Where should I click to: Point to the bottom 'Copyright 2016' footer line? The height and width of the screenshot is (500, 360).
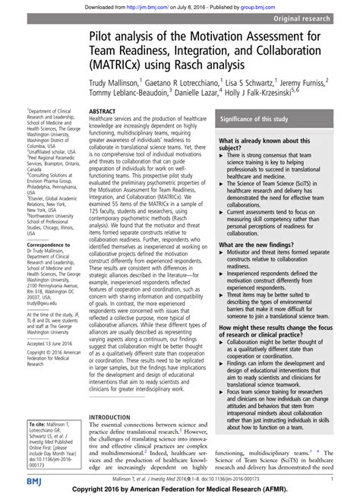coord(180,492)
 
